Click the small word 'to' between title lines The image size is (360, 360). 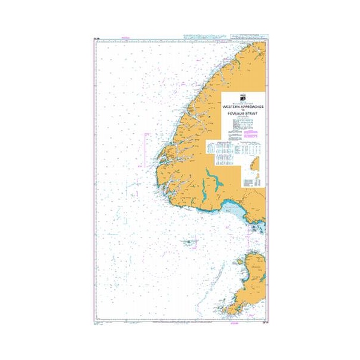244,109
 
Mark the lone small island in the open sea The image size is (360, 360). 189,242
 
